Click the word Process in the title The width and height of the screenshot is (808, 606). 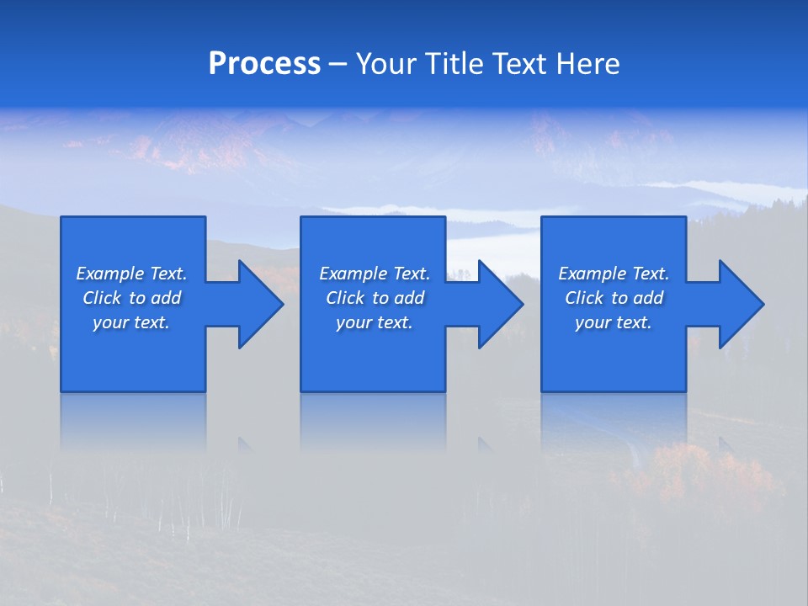pos(264,64)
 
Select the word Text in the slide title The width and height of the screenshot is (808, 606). pos(519,64)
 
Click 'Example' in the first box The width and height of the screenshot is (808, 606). pos(110,274)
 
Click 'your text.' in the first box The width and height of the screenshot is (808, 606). pos(131,322)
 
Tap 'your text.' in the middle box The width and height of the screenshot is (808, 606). pos(374,322)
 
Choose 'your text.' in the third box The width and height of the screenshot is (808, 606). pos(614,322)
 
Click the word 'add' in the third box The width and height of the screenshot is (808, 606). pos(649,298)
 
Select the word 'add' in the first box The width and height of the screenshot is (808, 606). pos(167,298)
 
